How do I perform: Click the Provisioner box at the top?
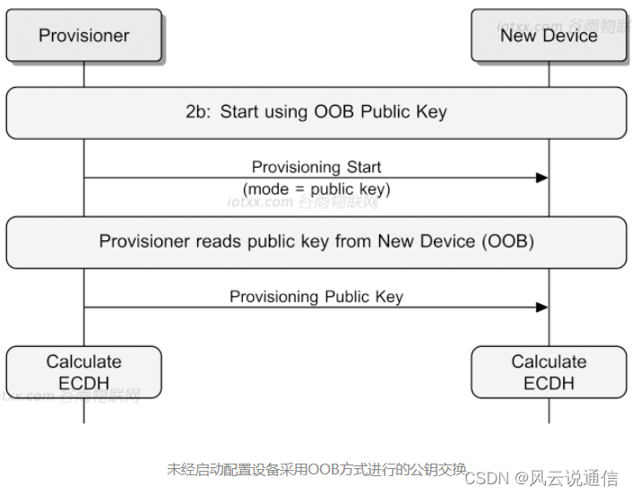84,36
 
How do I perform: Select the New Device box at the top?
549,36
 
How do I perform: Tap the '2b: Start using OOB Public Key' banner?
316,113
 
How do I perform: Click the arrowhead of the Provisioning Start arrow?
541,178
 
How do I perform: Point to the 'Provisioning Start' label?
316,167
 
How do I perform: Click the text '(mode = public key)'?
316,189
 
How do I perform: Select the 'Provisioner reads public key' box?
316,242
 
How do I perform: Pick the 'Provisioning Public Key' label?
316,296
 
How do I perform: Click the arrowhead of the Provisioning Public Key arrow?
541,307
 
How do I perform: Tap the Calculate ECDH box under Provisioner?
84,373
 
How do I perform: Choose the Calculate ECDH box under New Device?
549,373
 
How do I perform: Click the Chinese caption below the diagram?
316,469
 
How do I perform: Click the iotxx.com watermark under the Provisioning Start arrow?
303,203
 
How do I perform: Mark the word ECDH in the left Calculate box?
84,384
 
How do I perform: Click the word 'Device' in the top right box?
571,36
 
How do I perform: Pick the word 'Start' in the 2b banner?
240,113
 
